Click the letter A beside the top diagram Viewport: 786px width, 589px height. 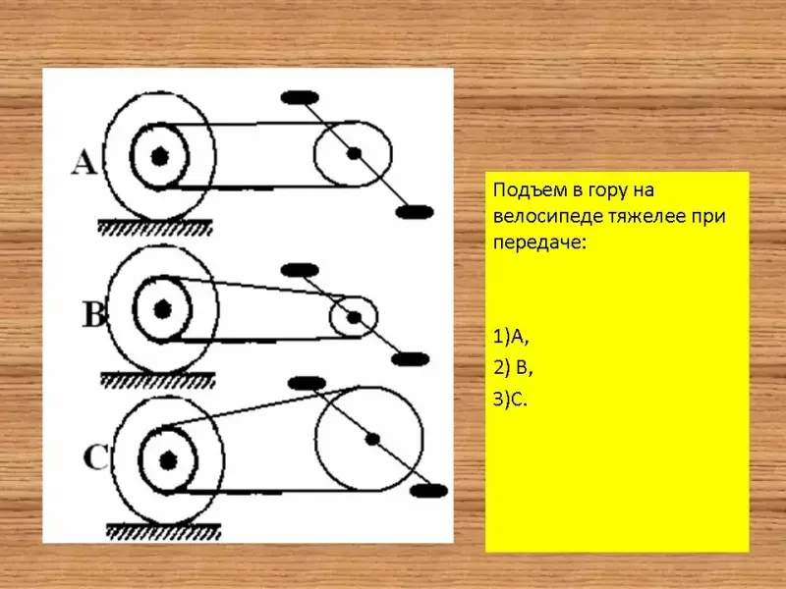[84, 163]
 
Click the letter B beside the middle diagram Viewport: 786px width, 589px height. [94, 314]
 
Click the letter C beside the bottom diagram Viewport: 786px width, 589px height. [95, 457]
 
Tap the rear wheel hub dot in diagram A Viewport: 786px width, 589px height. [160, 156]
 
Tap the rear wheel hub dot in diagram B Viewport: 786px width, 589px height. [162, 309]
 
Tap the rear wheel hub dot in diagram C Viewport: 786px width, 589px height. [168, 460]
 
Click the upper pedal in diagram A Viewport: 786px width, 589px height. [300, 97]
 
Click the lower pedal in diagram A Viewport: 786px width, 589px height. [415, 212]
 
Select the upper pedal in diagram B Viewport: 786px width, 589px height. [300, 271]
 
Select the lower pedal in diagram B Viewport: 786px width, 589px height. [410, 359]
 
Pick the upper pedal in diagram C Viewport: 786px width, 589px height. [307, 384]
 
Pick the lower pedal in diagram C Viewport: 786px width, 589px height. [428, 490]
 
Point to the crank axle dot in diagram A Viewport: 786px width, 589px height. [354, 153]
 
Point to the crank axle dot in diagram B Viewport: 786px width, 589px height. [354, 317]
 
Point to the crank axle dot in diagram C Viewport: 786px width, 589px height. [372, 439]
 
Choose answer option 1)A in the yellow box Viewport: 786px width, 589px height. [511, 338]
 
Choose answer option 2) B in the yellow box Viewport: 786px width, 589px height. [513, 368]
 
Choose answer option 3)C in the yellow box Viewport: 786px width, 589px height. [510, 400]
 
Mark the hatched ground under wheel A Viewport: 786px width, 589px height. [155, 227]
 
